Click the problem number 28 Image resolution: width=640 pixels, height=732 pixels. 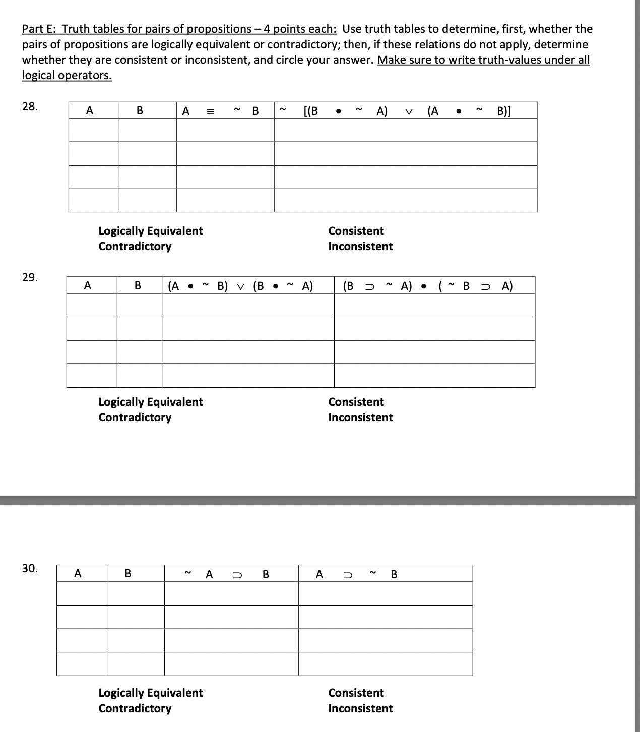[30, 106]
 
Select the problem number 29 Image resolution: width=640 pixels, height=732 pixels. [30, 277]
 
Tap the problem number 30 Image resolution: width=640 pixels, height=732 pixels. [30, 569]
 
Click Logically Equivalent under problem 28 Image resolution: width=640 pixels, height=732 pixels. [150, 231]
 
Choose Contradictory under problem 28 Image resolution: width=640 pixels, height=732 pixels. [135, 246]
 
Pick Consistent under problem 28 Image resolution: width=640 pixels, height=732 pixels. [356, 231]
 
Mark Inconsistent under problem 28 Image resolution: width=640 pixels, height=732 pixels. [360, 246]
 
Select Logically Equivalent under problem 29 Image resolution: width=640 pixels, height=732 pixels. [150, 402]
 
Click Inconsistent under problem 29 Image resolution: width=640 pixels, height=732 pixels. [360, 417]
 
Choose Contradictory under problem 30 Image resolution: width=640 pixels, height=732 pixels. [135, 708]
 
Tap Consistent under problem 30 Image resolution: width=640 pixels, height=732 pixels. [356, 693]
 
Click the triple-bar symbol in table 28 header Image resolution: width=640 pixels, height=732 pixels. [210, 111]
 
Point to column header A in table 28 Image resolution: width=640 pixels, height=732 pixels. [90, 111]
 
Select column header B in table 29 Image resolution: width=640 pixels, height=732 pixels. [138, 286]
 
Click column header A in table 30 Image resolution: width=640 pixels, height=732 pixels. [78, 573]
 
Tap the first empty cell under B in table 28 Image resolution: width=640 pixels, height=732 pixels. [147, 130]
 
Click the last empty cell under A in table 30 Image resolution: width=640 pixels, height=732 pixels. [82, 664]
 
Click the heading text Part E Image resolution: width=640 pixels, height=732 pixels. [38, 29]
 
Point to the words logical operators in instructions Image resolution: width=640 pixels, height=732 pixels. [67, 76]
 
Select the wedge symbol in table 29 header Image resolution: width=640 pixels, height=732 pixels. [240, 287]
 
